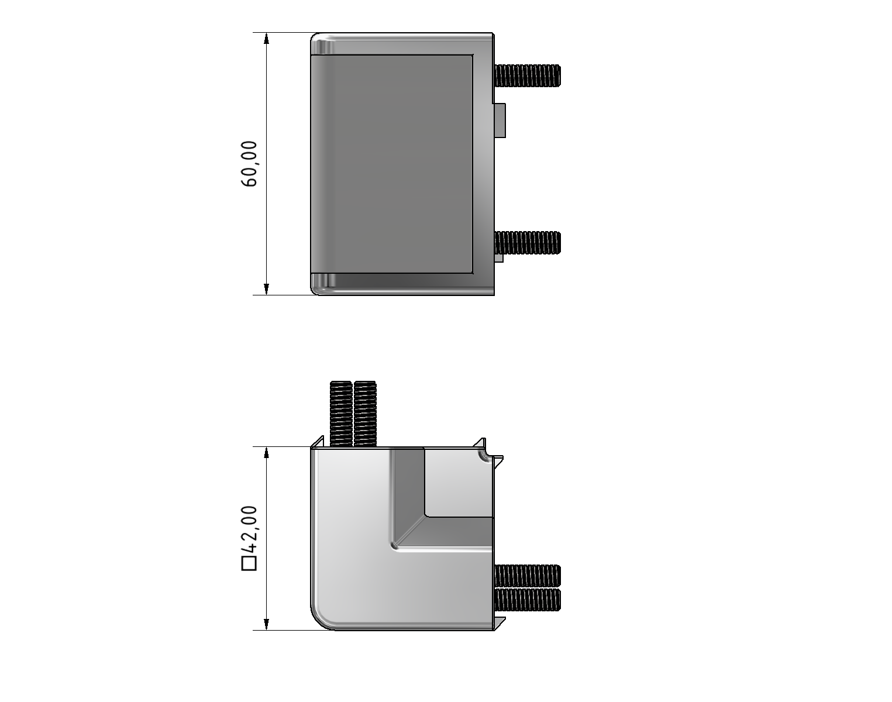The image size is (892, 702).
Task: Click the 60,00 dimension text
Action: (249, 164)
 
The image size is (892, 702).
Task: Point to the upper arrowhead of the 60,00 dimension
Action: (267, 39)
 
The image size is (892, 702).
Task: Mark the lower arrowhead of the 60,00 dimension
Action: (267, 288)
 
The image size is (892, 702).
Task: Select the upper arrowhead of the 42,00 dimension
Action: (267, 453)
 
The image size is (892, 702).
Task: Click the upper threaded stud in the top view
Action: (528, 75)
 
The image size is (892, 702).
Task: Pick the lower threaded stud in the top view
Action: (528, 243)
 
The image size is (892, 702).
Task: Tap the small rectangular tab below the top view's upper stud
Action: (500, 121)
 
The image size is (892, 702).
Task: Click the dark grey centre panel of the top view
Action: (392, 164)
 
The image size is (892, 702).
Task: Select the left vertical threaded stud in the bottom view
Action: (341, 412)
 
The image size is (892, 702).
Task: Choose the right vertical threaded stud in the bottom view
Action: (365, 412)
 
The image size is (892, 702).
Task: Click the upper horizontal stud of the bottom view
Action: (528, 575)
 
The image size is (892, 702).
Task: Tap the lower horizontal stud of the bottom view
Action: (528, 599)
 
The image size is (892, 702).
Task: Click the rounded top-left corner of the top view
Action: (317, 39)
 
